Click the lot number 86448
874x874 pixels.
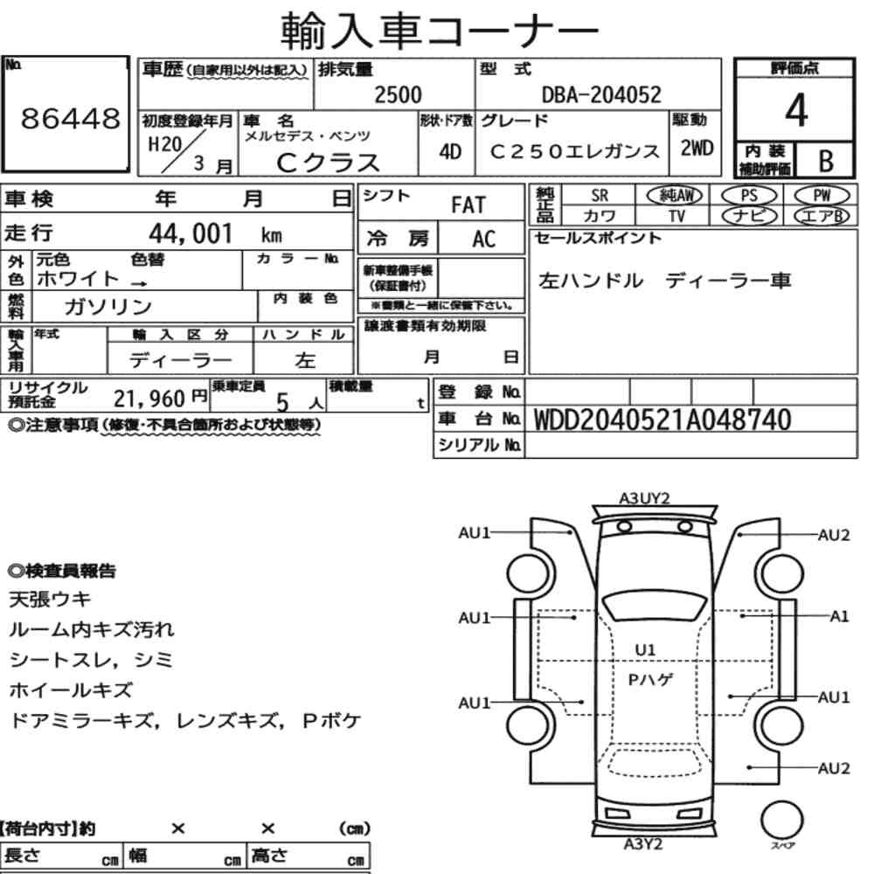point(71,118)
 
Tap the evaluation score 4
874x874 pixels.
point(796,110)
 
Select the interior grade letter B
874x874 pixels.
point(826,161)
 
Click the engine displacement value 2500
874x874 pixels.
point(398,94)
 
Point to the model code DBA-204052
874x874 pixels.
point(601,94)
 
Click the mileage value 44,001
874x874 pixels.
point(191,233)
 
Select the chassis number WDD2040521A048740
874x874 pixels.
point(662,420)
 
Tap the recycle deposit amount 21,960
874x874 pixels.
point(149,399)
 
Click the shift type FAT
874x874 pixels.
point(468,205)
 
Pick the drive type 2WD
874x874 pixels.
point(697,148)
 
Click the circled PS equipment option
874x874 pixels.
point(749,196)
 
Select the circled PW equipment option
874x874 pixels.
point(822,196)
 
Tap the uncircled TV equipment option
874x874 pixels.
point(676,216)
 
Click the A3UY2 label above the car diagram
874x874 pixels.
point(644,498)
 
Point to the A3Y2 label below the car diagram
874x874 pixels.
point(642,844)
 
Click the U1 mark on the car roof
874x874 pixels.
point(646,650)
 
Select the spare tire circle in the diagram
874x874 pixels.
point(781,820)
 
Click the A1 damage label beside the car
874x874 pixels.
point(839,616)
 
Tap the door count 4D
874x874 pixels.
point(450,151)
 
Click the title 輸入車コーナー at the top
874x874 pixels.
point(440,30)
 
